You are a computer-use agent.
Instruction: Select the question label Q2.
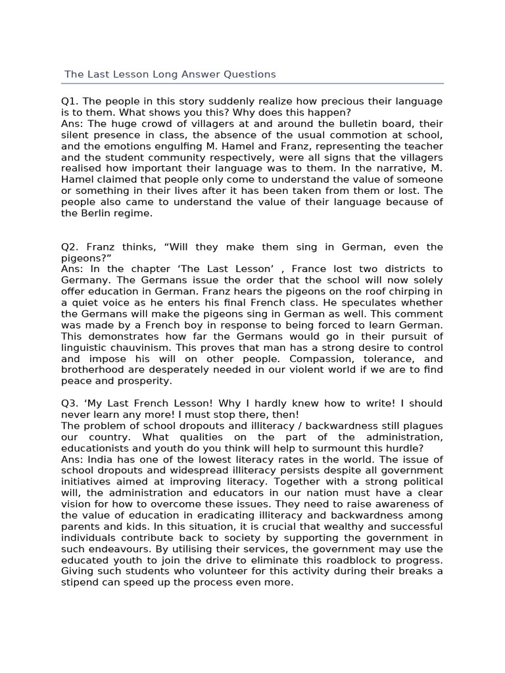[x=69, y=247]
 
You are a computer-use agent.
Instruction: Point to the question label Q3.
[x=69, y=403]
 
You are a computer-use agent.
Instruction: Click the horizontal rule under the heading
[x=252, y=84]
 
